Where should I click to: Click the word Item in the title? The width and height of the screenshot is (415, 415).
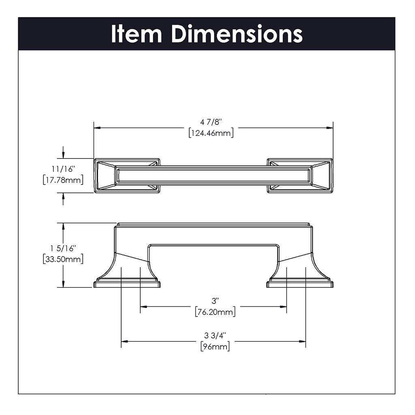pos(137,34)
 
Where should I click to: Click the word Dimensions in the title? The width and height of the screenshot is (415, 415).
pos(237,34)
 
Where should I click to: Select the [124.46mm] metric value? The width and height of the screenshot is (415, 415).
pos(211,133)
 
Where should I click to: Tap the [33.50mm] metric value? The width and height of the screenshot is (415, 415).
pos(63,259)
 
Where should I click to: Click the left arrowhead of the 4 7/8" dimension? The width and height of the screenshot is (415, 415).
pos(97,128)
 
